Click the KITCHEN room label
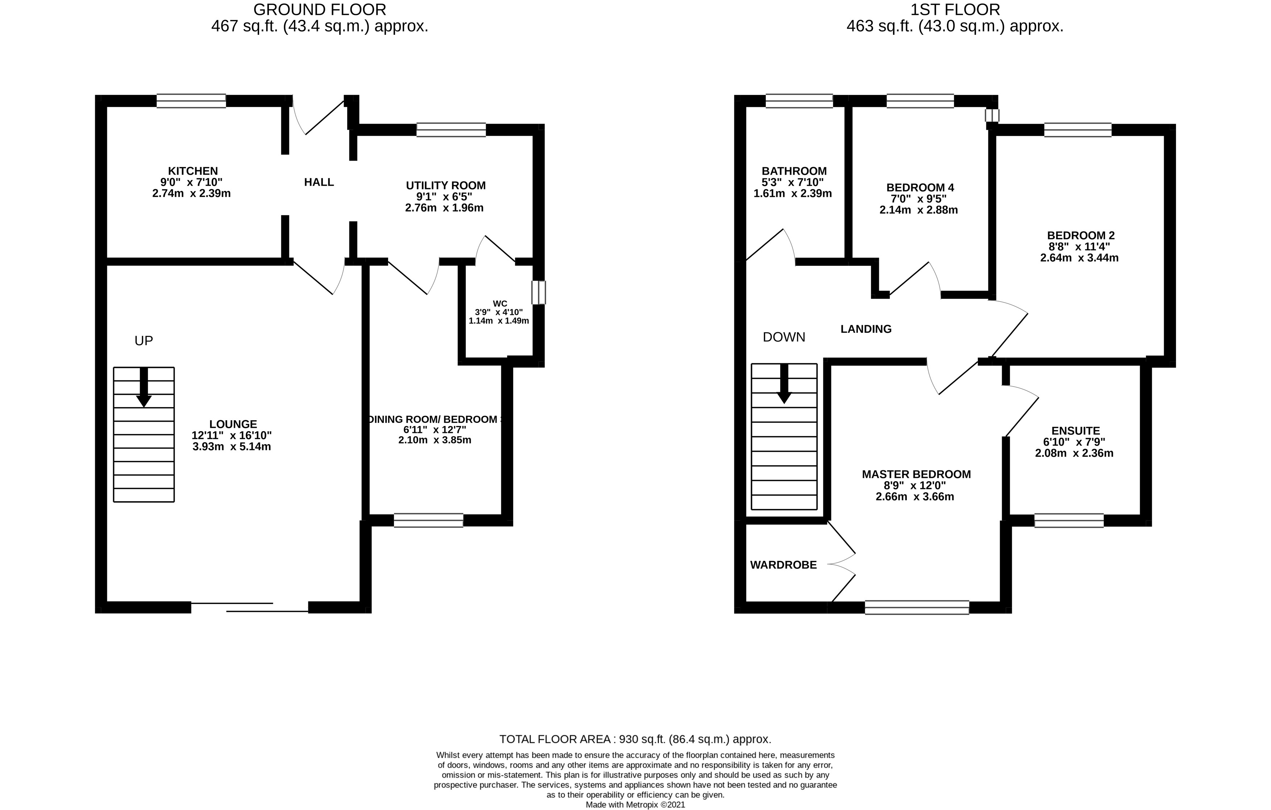pos(193,171)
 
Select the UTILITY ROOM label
pos(445,186)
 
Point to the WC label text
pos(500,303)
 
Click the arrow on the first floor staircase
pos(784,385)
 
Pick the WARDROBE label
pos(783,565)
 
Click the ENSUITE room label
pos(1075,431)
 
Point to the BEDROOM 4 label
pos(920,187)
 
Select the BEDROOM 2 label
pos(1080,236)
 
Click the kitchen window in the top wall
pos(191,101)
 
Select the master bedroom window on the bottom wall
pos(917,607)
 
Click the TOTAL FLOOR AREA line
pos(635,739)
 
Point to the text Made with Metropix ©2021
pos(635,805)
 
